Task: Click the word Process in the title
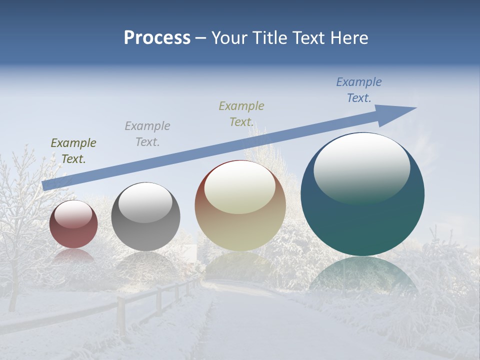(x=157, y=38)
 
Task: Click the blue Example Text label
(x=359, y=90)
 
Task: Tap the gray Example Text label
(x=147, y=134)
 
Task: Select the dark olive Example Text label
(x=73, y=151)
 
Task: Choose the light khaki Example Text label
(x=241, y=114)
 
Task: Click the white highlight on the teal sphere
(x=362, y=167)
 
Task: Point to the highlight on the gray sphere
(x=145, y=202)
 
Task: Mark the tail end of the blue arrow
(x=47, y=185)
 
